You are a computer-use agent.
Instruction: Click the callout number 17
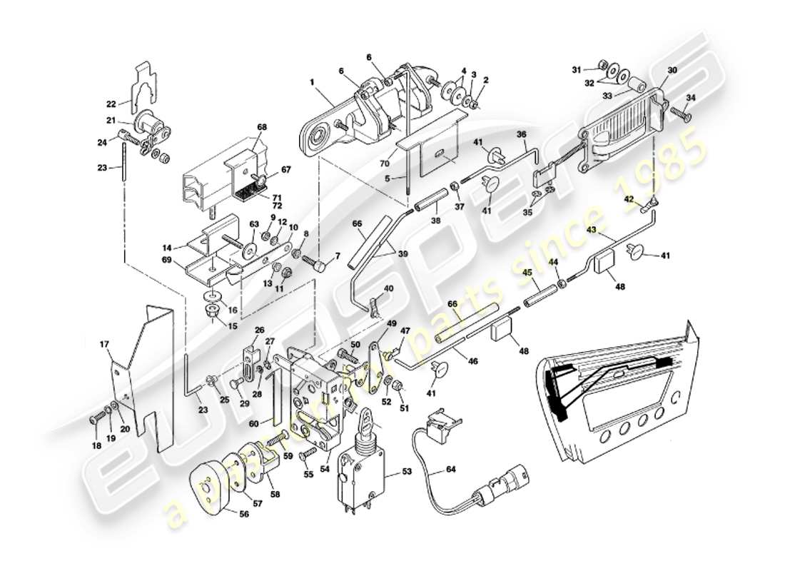(x=104, y=345)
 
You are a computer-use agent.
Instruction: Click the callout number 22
(x=111, y=103)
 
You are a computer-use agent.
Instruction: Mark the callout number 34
(x=690, y=97)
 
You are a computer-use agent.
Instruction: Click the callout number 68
(x=262, y=127)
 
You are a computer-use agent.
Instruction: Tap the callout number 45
(x=527, y=271)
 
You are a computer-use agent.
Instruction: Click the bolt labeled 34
(x=677, y=113)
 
